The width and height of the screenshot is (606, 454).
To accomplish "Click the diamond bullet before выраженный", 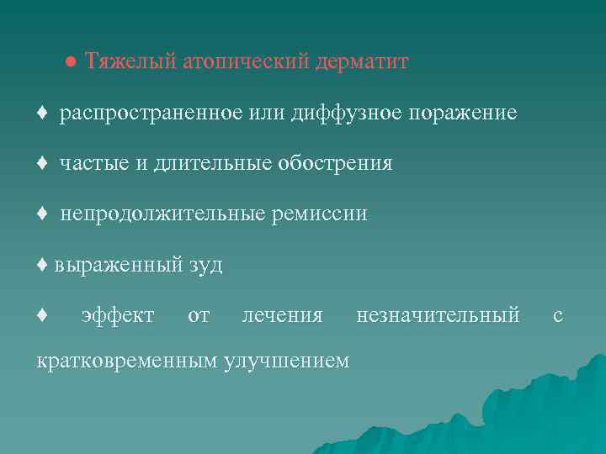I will click(x=43, y=266).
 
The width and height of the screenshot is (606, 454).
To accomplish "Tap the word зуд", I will click(x=205, y=266).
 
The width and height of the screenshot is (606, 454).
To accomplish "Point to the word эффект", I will click(x=117, y=316).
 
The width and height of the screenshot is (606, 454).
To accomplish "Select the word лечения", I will click(x=282, y=316).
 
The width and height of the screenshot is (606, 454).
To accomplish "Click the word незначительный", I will click(x=438, y=316).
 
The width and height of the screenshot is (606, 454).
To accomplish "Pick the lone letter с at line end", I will click(x=557, y=316).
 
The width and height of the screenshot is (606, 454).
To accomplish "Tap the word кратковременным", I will click(x=125, y=362).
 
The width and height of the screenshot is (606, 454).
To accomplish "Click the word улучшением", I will click(x=285, y=362).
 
